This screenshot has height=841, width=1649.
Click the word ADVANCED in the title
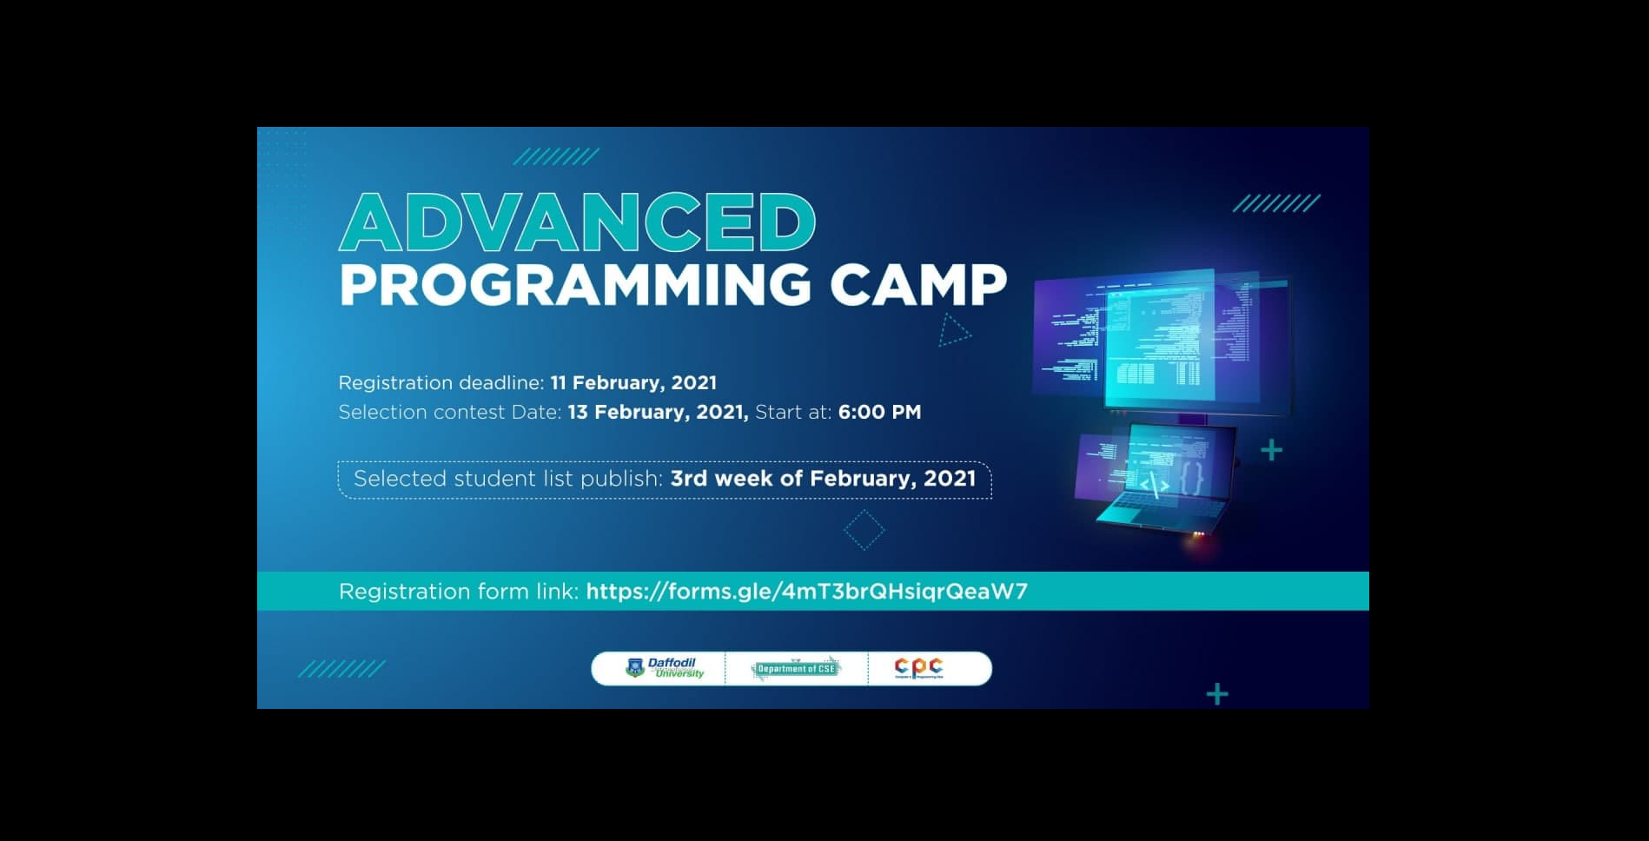577,222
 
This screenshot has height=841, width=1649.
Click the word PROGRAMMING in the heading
574,284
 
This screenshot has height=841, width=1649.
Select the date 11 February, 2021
633,383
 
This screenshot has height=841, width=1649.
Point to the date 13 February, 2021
658,413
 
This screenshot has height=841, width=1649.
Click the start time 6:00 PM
879,413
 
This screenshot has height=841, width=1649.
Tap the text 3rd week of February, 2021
823,479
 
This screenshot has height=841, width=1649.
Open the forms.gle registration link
806,592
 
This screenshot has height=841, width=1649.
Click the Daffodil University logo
665,668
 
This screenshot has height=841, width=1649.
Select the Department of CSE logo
796,668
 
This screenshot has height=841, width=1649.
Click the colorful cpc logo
918,667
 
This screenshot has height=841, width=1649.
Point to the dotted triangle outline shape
952,331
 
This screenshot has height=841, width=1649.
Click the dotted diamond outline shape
864,530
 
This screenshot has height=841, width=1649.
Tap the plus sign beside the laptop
1271,450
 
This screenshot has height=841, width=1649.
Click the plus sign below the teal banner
1217,693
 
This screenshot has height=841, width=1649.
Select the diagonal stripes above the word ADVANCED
556,156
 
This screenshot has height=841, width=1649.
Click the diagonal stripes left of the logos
341,669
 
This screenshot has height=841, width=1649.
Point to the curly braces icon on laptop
1192,479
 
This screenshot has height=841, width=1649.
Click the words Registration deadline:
440,383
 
